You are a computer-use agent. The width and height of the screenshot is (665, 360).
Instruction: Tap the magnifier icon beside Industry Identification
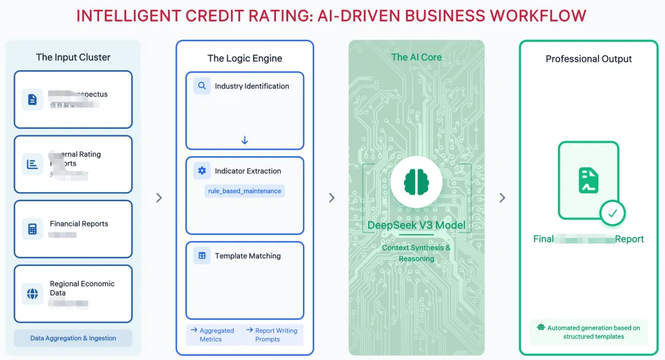tap(202, 86)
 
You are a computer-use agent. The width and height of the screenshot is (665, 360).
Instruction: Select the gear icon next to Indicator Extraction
tap(202, 171)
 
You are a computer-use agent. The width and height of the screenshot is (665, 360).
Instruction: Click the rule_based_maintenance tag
tap(244, 191)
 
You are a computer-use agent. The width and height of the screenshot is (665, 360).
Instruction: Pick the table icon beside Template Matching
tap(202, 256)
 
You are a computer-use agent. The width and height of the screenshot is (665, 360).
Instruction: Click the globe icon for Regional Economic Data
tap(33, 294)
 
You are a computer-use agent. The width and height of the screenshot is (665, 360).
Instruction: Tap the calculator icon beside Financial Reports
tap(33, 228)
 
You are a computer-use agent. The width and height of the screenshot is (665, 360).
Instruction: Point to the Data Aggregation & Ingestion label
tap(73, 338)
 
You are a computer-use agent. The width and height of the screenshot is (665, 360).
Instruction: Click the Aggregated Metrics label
tap(213, 335)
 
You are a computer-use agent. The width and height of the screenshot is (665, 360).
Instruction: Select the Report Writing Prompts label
tap(272, 335)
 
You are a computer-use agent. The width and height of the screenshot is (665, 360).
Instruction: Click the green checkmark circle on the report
tap(612, 214)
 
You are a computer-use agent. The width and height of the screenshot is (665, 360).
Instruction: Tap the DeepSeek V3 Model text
tap(416, 225)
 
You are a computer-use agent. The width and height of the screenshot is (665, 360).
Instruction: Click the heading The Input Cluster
tap(73, 57)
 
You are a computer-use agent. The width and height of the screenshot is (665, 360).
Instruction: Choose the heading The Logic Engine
tap(244, 58)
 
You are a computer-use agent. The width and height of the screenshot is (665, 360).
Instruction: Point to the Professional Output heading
tap(589, 59)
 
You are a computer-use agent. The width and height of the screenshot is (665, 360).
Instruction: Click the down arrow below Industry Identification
tap(244, 140)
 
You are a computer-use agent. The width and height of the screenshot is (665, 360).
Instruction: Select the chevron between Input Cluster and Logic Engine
tap(159, 198)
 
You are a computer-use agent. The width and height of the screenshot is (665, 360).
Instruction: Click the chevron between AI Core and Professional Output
tap(502, 198)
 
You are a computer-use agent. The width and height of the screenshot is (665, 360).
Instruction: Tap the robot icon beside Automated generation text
tap(541, 328)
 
